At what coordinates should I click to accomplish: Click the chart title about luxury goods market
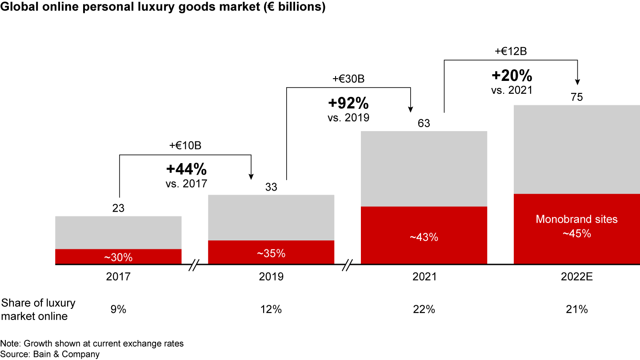click(163, 8)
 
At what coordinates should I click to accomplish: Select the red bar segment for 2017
click(118, 256)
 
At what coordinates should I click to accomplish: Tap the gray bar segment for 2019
click(271, 217)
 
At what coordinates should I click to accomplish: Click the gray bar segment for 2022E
click(576, 149)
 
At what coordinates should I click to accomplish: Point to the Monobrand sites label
click(576, 219)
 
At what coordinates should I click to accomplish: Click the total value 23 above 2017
click(118, 208)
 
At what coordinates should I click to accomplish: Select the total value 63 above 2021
click(424, 123)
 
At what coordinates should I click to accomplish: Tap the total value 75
click(576, 97)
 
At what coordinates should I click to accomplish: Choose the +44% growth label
click(186, 169)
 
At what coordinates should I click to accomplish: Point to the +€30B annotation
click(348, 79)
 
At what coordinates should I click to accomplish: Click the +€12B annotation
click(511, 51)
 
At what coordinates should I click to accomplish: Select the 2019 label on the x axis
click(271, 277)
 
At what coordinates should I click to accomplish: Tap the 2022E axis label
click(576, 277)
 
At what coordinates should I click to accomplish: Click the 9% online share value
click(118, 309)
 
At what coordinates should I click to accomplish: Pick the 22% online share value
click(424, 309)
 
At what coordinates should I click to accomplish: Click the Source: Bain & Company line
click(50, 354)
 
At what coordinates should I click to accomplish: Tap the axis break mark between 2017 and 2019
click(195, 266)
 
